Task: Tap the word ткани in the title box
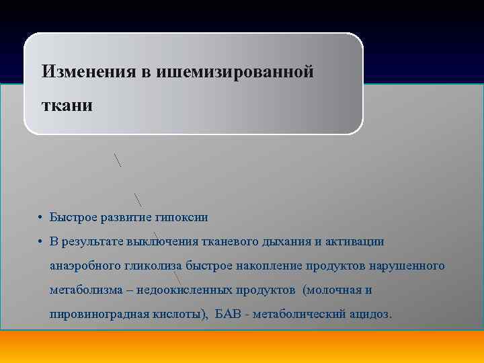pos(67,106)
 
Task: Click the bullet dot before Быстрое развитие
pos(40,218)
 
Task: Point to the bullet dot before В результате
pos(40,242)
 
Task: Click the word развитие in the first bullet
pos(126,217)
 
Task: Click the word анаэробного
pos(85,266)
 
